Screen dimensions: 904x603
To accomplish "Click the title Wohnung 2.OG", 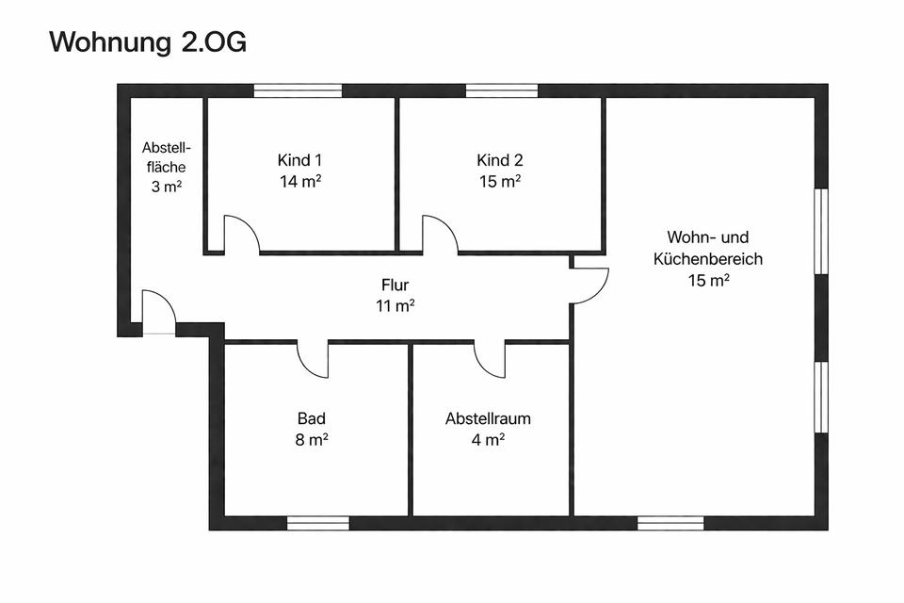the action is tap(148, 42).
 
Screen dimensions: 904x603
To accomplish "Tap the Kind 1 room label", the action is tap(299, 160).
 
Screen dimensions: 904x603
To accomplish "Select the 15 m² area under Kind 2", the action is tap(500, 181).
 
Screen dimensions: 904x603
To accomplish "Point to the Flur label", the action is tap(395, 285).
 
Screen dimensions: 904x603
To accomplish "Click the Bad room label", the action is tap(312, 418).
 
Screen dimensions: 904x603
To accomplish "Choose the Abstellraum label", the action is tap(488, 418).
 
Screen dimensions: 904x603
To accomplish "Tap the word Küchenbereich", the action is tap(708, 258).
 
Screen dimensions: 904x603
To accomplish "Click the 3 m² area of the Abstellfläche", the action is tap(167, 187).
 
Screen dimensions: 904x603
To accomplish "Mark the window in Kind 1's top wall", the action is tap(299, 90).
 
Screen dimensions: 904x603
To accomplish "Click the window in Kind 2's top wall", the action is tap(502, 90).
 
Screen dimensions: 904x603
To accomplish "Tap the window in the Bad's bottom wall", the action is tap(318, 523).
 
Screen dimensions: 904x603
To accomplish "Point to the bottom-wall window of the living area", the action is tap(670, 523).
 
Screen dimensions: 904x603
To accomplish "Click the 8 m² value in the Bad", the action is tap(312, 440).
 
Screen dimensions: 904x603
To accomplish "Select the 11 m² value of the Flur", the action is tap(395, 305).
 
